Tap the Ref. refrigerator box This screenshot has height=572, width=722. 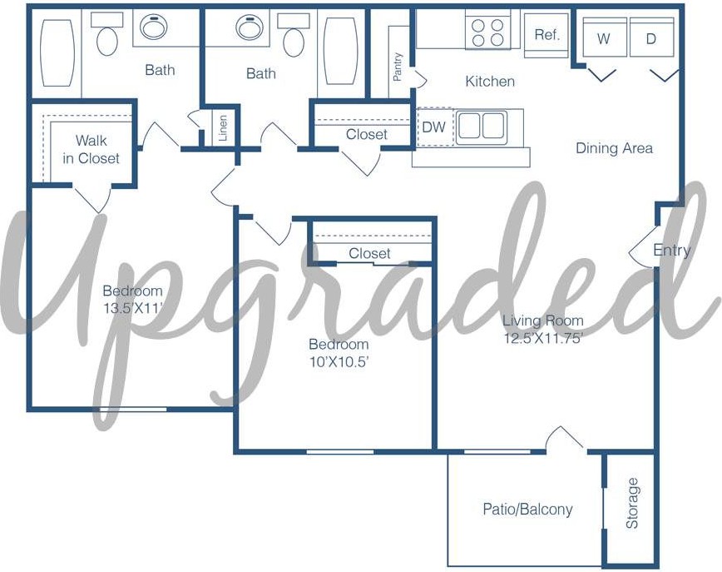(546, 35)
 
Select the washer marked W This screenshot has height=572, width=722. (605, 37)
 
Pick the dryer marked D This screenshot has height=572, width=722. (651, 37)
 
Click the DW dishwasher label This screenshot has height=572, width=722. (433, 127)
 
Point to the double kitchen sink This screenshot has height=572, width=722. (481, 125)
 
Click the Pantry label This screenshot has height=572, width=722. (398, 67)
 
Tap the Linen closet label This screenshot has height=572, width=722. (223, 127)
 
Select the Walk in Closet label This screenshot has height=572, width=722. (91, 149)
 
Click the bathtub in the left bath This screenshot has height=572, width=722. (57, 52)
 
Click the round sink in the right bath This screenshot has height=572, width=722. (250, 27)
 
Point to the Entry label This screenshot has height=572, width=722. (672, 251)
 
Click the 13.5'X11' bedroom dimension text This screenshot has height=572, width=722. (133, 308)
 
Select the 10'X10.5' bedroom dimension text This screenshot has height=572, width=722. (339, 361)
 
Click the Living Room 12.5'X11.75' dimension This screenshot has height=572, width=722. (543, 338)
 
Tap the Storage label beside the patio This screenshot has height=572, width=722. (633, 503)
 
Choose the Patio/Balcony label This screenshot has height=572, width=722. (527, 509)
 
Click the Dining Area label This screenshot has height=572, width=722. (614, 148)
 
